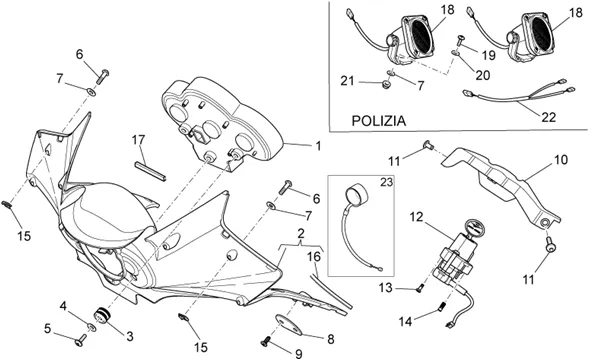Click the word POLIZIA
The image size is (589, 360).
(379, 121)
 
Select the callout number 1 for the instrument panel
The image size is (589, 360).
(318, 146)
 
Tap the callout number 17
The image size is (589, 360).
(138, 140)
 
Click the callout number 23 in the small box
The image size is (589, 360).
(386, 182)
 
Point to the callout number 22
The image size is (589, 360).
(548, 117)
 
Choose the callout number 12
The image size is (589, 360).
(416, 217)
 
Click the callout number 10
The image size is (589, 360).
(561, 160)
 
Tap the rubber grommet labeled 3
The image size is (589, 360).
(103, 315)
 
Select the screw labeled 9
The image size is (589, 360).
(266, 341)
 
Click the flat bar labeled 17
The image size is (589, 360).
(150, 171)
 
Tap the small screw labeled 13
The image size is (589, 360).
(420, 288)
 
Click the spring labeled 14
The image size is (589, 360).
(442, 308)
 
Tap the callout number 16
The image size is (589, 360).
(314, 257)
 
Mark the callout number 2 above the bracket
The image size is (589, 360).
(301, 233)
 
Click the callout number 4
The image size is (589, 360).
(63, 306)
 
